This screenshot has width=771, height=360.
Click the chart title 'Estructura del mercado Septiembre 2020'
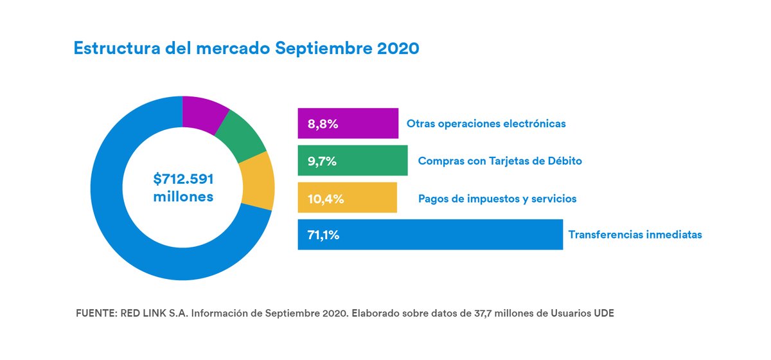click(247, 49)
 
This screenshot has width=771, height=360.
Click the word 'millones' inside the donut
click(183, 197)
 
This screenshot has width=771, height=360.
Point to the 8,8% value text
click(323, 124)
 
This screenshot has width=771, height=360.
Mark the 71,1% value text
click(324, 235)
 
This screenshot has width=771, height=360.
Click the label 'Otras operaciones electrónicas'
click(486, 123)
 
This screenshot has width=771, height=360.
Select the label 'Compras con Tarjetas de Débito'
click(500, 161)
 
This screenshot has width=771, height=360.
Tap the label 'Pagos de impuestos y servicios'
click(497, 199)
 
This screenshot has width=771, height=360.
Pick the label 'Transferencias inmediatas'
click(635, 235)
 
